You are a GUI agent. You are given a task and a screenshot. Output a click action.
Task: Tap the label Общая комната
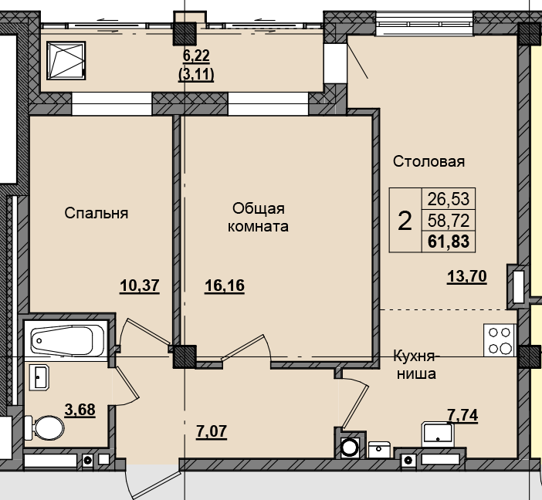[x=259, y=218]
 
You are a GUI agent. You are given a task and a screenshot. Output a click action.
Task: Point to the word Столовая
[x=429, y=161]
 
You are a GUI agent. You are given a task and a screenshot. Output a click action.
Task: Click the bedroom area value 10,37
[x=139, y=286]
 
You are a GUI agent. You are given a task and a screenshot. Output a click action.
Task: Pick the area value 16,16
[x=224, y=286]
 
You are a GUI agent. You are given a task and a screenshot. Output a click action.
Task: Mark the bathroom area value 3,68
[x=80, y=410]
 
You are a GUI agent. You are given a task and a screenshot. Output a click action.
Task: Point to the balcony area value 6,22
[x=196, y=56]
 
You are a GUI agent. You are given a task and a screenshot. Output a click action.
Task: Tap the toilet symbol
[x=46, y=427]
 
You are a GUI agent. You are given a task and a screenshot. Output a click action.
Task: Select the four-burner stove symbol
[x=499, y=340]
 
